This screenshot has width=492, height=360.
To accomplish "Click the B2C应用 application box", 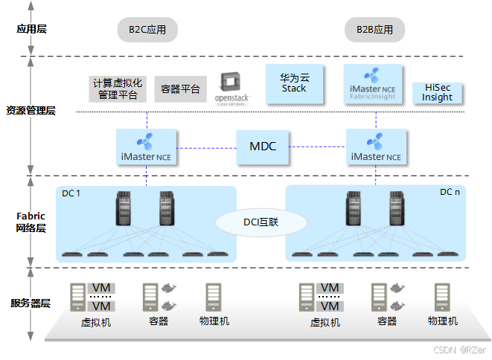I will point(147,30).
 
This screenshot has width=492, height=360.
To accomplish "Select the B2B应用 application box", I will point(374,30).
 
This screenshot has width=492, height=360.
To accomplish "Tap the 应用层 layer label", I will point(32,30).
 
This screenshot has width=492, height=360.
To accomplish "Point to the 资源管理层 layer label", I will point(31,111).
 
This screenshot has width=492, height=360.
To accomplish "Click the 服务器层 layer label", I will point(31,303).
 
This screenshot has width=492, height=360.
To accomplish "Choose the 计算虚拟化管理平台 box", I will point(118,89).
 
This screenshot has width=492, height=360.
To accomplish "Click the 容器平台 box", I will point(181,89).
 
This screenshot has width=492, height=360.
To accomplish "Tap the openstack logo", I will point(233,88).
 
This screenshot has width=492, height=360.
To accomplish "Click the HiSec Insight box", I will point(437,92).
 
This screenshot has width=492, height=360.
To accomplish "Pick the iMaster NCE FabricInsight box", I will point(374,84).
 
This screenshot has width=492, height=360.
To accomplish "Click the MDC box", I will point(263,146).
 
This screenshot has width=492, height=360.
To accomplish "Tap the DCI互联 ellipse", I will point(261,222).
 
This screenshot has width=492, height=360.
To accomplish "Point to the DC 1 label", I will point(71,193).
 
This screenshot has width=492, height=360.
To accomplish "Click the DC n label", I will point(450,192).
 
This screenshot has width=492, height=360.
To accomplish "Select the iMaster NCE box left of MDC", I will point(147,147).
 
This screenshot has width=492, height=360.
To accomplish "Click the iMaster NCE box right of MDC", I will point(376,147).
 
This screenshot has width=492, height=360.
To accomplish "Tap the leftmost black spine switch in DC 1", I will point(124,209).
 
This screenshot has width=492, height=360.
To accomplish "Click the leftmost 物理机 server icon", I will point(214,298).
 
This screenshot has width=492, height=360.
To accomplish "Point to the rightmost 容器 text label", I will point(387,321).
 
